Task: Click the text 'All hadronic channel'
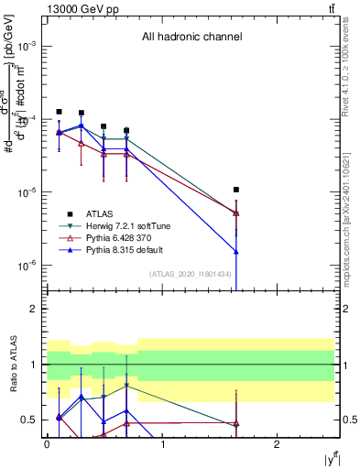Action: click(191, 38)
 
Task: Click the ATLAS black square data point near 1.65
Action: click(236, 190)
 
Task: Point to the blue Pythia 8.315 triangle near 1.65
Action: click(236, 251)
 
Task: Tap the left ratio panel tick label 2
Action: click(34, 310)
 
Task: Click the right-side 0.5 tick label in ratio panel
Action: click(347, 420)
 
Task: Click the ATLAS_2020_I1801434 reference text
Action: click(191, 274)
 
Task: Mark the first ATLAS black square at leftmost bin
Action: click(59, 112)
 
